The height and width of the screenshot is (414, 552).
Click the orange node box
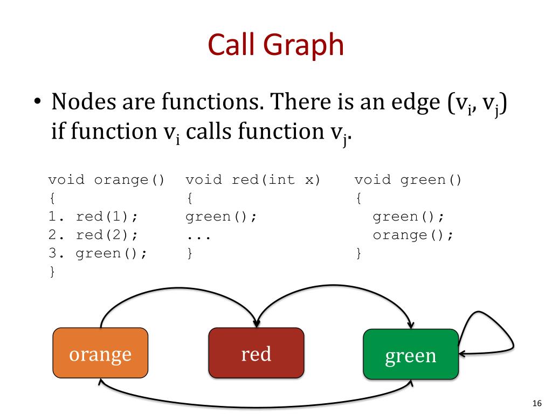pyautogui.click(x=100, y=353)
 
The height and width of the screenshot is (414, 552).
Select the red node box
pyautogui.click(x=256, y=353)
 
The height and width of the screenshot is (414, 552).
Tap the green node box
pyautogui.click(x=411, y=354)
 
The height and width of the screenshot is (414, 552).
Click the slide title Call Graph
pyautogui.click(x=275, y=45)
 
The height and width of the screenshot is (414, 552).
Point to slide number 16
pyautogui.click(x=536, y=403)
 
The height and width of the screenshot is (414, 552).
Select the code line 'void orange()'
pyautogui.click(x=106, y=180)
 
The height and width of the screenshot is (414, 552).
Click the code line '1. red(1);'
pyautogui.click(x=93, y=217)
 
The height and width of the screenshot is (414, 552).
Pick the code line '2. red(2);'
pyautogui.click(x=93, y=235)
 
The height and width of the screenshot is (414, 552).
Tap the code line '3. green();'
pyautogui.click(x=98, y=253)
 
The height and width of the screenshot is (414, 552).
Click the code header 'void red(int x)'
pyautogui.click(x=253, y=180)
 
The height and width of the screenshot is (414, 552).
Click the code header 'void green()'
pyautogui.click(x=408, y=180)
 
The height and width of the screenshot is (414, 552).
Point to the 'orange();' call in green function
pyautogui.click(x=413, y=235)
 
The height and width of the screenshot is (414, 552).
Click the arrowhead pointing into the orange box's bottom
pyautogui.click(x=100, y=381)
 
